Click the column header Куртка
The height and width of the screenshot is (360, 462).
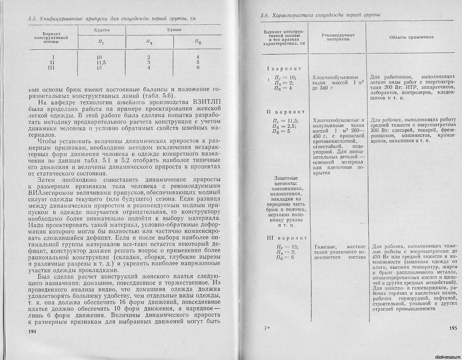(102, 30)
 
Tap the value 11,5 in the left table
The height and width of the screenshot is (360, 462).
(101, 62)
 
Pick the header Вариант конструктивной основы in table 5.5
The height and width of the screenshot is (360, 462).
(51, 38)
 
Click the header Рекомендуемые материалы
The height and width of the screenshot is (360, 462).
(338, 37)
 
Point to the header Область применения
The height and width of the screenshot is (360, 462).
(411, 37)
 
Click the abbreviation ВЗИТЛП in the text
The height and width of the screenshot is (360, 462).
(205, 102)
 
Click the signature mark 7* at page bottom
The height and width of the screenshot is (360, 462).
(267, 328)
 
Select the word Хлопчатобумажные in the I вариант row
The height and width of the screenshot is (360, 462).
(335, 78)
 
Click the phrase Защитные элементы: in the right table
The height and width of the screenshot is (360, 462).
(287, 181)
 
